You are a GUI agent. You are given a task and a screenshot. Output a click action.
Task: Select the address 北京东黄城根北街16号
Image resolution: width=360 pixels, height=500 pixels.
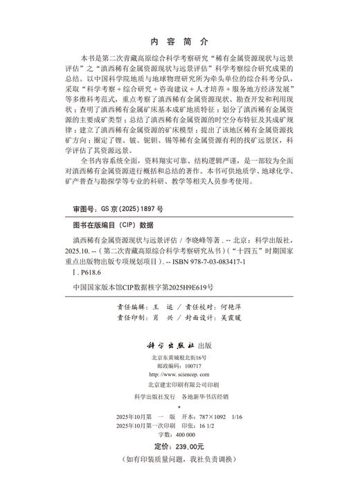[179, 357]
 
